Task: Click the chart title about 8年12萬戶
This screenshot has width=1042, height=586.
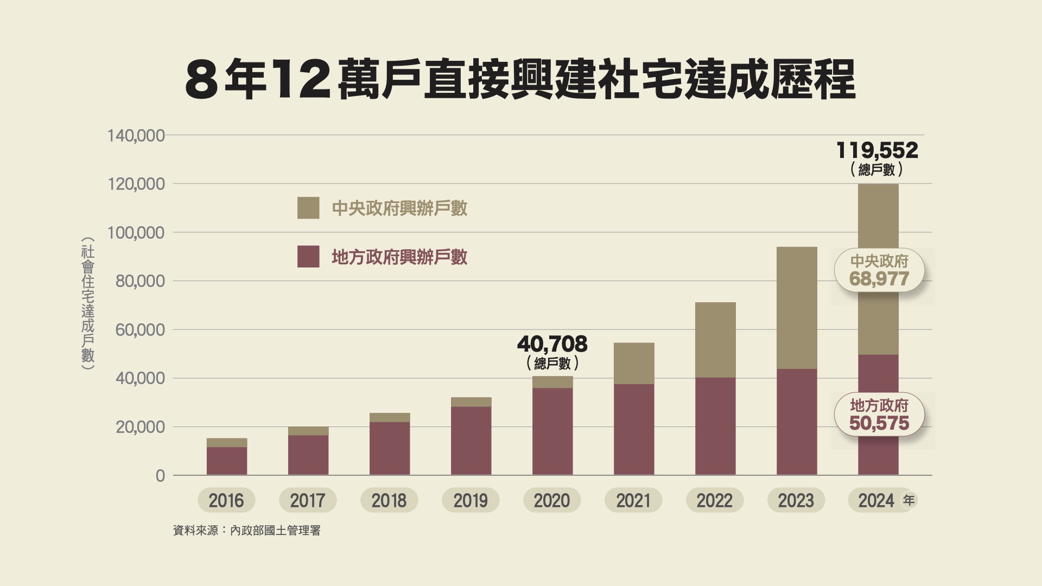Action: [520, 80]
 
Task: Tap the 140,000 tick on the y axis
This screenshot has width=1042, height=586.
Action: [136, 136]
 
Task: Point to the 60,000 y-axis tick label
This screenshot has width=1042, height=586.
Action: [140, 330]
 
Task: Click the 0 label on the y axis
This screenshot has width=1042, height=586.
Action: [160, 476]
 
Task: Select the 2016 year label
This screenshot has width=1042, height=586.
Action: [226, 500]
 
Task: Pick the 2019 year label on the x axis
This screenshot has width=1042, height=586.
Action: [471, 500]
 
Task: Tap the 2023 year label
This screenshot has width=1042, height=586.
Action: [796, 500]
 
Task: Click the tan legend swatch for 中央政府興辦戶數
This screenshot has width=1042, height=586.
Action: [308, 208]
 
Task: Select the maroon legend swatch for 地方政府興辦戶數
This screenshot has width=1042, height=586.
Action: [308, 257]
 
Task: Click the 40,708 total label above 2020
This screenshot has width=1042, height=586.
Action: [552, 345]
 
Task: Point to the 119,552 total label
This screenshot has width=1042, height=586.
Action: [877, 151]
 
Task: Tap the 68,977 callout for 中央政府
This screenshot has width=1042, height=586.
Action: [879, 279]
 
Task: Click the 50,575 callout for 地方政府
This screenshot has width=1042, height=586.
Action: [879, 423]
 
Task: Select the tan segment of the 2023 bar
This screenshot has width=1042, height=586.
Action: [797, 308]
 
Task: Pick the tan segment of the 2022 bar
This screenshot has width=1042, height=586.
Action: [715, 340]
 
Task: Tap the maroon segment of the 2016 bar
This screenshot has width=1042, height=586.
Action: [227, 461]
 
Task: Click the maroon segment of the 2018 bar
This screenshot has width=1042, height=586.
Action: [390, 449]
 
